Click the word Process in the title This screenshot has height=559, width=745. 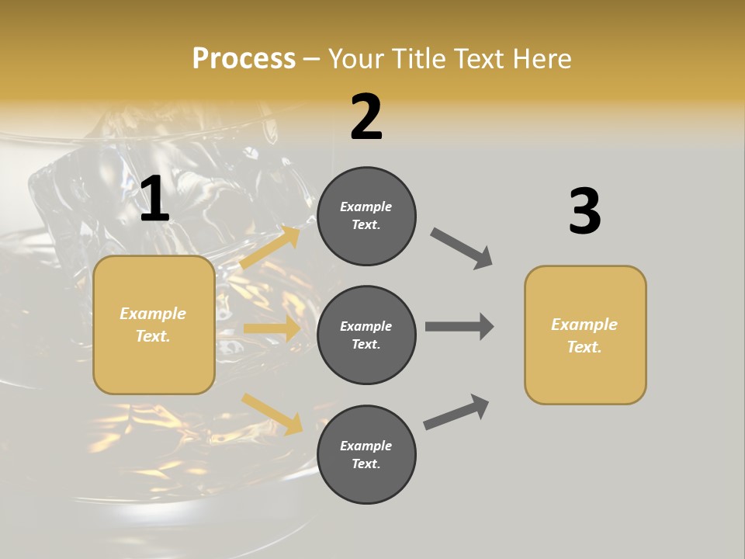(244, 58)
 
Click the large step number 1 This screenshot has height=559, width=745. (154, 200)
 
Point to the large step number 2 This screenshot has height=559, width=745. (366, 117)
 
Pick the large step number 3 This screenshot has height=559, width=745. (584, 211)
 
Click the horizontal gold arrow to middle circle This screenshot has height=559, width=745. (272, 328)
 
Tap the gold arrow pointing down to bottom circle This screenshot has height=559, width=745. (272, 414)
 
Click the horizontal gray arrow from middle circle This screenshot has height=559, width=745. (459, 326)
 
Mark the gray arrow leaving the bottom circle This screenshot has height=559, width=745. (456, 411)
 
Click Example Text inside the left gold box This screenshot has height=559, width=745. (154, 325)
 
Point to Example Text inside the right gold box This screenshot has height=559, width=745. (585, 335)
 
